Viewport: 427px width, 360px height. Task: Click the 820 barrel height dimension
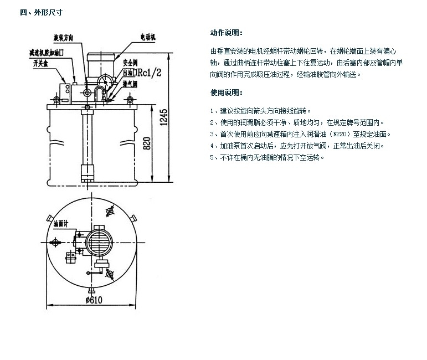(147, 143)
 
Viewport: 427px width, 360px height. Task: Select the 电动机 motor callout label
(146, 37)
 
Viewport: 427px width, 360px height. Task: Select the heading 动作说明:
(227, 33)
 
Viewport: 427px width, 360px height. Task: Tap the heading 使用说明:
(227, 92)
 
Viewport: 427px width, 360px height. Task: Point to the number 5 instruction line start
(213, 157)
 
